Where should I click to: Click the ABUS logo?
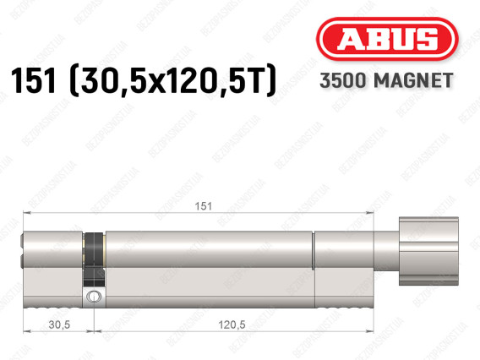tap(387, 39)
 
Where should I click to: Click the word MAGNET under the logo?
tap(413, 80)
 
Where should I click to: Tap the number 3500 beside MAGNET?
tap(342, 80)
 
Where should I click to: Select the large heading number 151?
tap(33, 80)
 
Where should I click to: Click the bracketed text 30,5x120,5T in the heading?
tap(173, 80)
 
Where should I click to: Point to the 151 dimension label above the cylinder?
tap(204, 206)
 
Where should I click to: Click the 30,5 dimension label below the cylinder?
tap(59, 325)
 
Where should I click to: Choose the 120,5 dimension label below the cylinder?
tap(232, 325)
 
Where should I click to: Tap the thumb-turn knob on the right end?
tap(428, 251)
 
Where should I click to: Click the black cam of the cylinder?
tap(95, 259)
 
